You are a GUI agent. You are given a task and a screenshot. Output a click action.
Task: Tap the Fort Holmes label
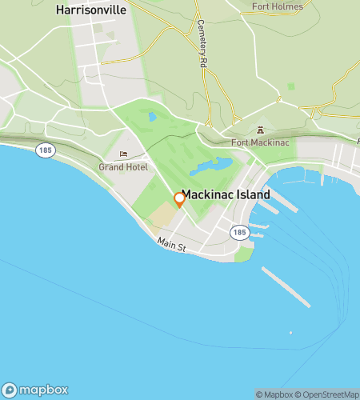click(278, 6)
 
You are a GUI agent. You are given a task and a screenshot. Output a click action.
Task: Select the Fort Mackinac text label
click(259, 142)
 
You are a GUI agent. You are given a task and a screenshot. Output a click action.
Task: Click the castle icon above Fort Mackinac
click(259, 130)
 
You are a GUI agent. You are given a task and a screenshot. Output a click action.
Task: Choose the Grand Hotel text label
click(123, 167)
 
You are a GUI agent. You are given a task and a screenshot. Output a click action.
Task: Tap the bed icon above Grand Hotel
click(123, 155)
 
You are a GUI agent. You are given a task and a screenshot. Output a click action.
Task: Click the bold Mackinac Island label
click(226, 194)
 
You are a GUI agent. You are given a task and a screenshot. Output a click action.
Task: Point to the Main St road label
click(172, 246)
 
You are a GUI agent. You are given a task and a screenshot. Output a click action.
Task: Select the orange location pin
click(179, 200)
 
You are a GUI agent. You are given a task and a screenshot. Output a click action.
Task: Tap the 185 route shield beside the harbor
click(239, 232)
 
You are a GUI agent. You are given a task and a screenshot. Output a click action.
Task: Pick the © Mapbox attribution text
click(274, 394)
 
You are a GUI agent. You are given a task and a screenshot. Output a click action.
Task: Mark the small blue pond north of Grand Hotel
click(152, 117)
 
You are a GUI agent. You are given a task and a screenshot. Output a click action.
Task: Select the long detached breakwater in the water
click(286, 286)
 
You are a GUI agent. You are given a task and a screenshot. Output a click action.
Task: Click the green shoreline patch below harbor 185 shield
click(245, 254)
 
